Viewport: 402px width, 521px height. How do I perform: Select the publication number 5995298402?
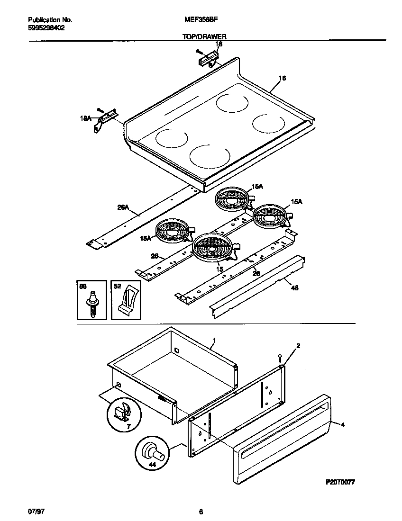[46, 28]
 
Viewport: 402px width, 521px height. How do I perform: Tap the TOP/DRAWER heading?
[204, 36]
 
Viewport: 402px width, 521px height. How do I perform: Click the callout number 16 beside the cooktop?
[282, 78]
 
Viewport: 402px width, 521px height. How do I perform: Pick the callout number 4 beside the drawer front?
[343, 425]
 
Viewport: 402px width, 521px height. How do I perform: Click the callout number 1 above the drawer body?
[214, 340]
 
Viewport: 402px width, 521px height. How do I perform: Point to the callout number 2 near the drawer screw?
[298, 346]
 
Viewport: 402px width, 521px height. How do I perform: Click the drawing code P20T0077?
[340, 481]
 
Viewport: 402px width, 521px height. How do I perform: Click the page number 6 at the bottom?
[201, 512]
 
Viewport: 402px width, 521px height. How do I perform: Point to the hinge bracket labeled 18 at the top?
[208, 59]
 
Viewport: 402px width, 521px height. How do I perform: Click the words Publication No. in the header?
[50, 20]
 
